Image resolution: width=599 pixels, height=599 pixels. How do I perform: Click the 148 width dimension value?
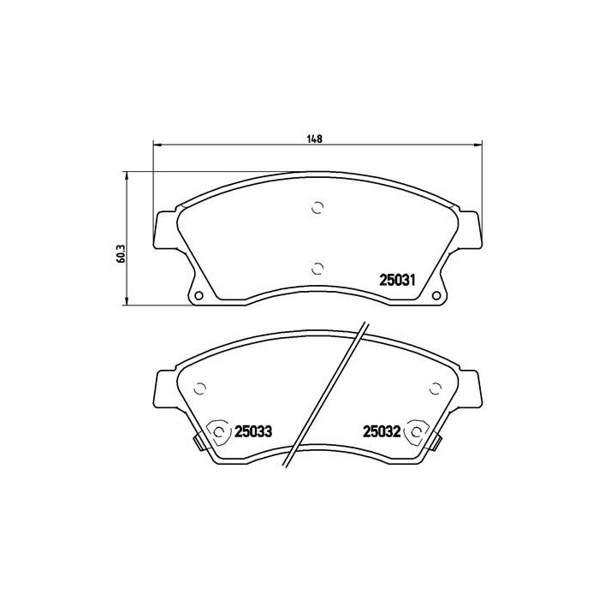click(314, 139)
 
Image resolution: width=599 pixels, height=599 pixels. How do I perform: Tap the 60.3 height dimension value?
click(122, 253)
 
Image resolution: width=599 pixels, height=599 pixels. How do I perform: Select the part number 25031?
click(397, 281)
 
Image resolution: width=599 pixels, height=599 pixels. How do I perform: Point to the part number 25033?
click(253, 431)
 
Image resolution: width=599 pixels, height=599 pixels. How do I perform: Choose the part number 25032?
click(382, 431)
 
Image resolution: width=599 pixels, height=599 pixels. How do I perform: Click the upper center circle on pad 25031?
click(317, 207)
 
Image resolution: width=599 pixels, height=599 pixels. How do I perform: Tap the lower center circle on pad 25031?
click(317, 269)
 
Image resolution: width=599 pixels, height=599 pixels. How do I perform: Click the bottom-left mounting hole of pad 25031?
click(199, 296)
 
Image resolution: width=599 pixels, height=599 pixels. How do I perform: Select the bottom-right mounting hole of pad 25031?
click(436, 296)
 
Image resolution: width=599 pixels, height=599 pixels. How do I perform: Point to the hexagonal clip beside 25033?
click(218, 432)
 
